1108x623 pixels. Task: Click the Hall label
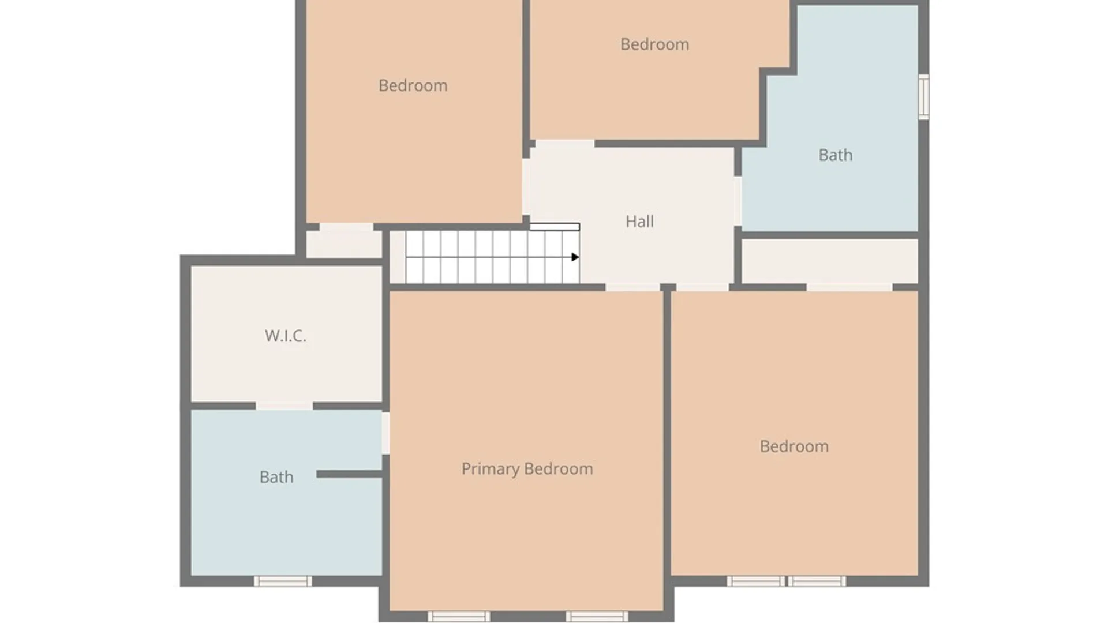point(639,222)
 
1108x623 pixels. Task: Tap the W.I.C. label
point(285,336)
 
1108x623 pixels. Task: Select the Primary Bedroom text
point(527,469)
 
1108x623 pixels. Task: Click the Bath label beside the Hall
point(835,155)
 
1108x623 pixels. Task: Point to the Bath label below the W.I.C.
point(276,477)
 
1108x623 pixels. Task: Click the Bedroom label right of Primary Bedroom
point(794,446)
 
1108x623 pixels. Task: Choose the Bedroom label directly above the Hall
point(654,44)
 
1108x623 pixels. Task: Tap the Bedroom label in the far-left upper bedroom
point(413,86)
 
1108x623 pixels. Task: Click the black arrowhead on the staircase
point(575,257)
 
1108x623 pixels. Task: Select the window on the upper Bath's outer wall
point(923,97)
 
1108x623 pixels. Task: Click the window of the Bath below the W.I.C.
point(283,581)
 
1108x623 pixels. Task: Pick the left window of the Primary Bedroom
point(459,617)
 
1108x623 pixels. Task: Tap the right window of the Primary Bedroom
point(597,617)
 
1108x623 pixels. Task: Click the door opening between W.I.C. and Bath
point(284,406)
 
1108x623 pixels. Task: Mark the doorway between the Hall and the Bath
point(738,201)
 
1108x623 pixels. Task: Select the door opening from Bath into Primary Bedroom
point(385,433)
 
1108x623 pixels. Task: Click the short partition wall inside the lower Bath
point(350,474)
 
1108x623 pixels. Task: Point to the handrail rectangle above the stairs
point(555,227)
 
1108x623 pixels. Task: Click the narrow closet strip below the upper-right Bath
point(829,261)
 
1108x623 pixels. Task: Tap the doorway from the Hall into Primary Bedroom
point(632,287)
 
